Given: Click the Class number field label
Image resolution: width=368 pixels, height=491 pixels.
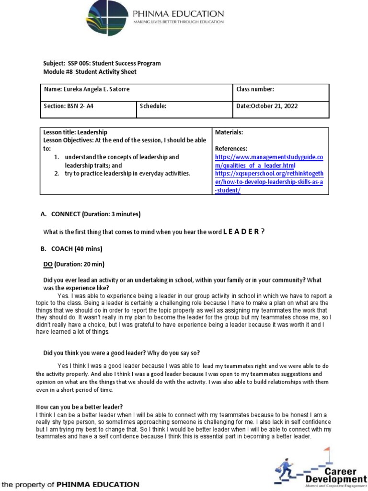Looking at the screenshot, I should pos(255,90).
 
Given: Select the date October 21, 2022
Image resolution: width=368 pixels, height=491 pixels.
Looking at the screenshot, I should pos(267,106).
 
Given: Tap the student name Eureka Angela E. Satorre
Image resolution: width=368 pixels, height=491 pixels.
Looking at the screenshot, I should pos(87,90).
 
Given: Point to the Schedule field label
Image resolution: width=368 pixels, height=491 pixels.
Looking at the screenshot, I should pos(153,106).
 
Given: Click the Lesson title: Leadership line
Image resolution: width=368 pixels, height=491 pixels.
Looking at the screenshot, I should pos(75,132).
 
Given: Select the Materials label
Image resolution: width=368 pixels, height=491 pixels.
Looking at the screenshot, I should pos(229,132).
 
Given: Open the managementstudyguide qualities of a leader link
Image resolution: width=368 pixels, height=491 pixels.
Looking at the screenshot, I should pos(269,161).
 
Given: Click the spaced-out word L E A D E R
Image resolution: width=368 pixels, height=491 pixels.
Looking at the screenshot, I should pos(241,232).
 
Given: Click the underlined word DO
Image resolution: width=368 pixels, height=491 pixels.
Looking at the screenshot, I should pos(48,264).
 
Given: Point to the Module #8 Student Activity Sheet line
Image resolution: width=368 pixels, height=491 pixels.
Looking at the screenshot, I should pos(90,72).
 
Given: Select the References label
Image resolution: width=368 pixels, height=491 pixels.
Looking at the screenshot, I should pos(231,149).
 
